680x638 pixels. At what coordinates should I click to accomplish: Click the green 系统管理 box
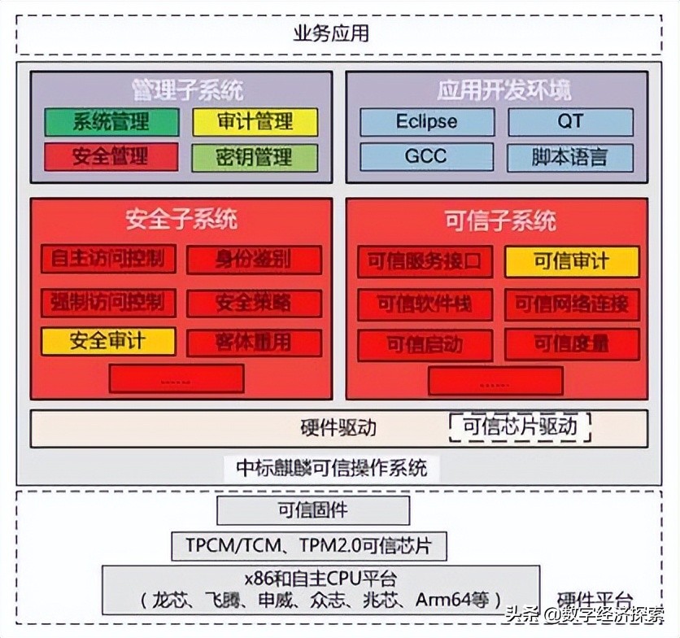pyautogui.click(x=111, y=122)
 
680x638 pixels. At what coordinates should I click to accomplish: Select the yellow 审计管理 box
pyautogui.click(x=255, y=122)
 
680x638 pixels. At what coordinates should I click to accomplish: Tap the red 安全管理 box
pyautogui.click(x=111, y=156)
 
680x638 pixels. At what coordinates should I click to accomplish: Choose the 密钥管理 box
pyautogui.click(x=255, y=157)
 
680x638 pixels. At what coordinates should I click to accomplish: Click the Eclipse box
pyautogui.click(x=427, y=122)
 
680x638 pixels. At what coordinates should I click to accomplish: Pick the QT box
pyautogui.click(x=570, y=122)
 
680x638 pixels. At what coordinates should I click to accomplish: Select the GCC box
pyautogui.click(x=427, y=156)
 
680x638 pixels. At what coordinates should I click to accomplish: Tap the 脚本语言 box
pyautogui.click(x=570, y=157)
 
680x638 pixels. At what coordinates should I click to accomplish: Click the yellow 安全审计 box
pyautogui.click(x=108, y=340)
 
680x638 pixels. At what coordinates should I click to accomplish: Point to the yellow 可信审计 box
pyautogui.click(x=572, y=262)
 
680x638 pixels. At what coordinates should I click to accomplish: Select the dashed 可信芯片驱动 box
pyautogui.click(x=521, y=426)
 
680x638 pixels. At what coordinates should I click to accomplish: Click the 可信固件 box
pyautogui.click(x=313, y=511)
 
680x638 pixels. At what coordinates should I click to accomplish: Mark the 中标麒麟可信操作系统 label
pyautogui.click(x=331, y=468)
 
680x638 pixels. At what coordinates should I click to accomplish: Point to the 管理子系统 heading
pyautogui.click(x=187, y=89)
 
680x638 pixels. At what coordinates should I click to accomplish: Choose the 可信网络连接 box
pyautogui.click(x=572, y=304)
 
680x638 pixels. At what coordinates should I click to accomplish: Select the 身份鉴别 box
pyautogui.click(x=254, y=260)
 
